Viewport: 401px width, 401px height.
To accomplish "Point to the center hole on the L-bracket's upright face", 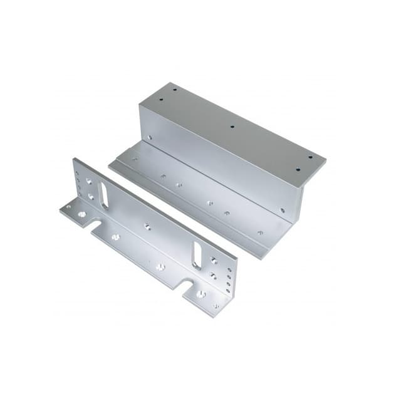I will click(148, 226).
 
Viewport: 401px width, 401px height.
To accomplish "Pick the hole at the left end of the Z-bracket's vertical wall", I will click(150, 138).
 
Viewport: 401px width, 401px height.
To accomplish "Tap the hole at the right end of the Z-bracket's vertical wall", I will click(283, 211).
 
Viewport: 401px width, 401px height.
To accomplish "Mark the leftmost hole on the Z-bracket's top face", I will click(174, 91).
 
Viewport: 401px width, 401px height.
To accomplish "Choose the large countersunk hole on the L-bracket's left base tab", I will click(83, 214).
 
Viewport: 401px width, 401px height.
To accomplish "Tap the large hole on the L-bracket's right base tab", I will click(200, 293).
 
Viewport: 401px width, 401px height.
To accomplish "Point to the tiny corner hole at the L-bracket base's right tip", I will click(216, 306).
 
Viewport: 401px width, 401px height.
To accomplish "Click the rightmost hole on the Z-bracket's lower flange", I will click(260, 232).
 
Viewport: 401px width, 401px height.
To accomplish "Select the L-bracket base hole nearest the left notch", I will click(115, 237).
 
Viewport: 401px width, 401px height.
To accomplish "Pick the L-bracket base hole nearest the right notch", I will click(160, 267).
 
